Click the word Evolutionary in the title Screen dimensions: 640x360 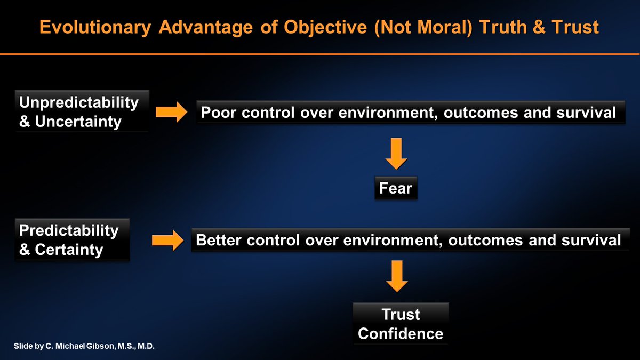(x=95, y=27)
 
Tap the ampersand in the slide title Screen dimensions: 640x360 (x=539, y=27)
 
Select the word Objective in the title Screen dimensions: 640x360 (x=325, y=27)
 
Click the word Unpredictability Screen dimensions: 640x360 (x=79, y=102)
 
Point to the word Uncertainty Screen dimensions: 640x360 (x=78, y=122)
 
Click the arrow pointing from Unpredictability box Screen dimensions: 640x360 (x=171, y=112)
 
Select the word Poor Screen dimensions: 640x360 (x=218, y=113)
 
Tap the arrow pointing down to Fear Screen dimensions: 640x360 (x=396, y=154)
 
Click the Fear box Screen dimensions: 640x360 (x=396, y=188)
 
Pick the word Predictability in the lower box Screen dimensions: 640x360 (x=69, y=230)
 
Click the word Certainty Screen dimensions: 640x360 (x=69, y=250)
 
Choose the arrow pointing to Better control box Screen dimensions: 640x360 (x=167, y=241)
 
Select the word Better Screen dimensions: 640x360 (x=219, y=240)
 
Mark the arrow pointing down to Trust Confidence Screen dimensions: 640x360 (x=397, y=276)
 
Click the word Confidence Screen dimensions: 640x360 (x=401, y=334)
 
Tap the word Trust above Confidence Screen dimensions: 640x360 (x=401, y=315)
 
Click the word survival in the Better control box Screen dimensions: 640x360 (x=591, y=240)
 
